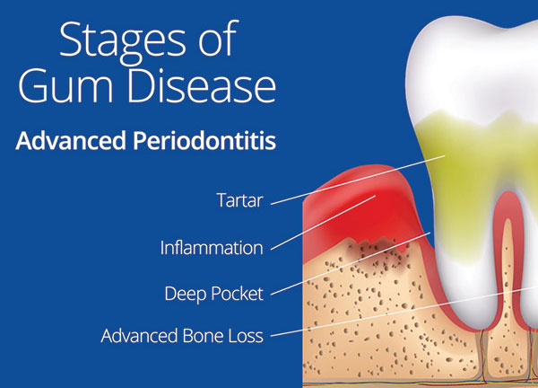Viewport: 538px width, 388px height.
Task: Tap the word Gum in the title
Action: [65, 86]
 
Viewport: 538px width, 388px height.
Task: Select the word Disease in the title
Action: [202, 85]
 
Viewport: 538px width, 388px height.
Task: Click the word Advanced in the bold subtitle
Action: [71, 140]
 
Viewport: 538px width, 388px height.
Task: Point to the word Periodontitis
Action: [204, 141]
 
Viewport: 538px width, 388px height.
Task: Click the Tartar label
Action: [239, 200]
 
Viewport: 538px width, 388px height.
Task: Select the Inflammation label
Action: [212, 248]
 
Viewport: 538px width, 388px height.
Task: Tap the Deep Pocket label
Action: [213, 294]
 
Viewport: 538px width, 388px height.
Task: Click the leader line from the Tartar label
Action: [358, 180]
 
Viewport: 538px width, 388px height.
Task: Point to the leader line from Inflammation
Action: [323, 223]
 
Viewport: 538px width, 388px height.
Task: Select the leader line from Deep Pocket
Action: [351, 263]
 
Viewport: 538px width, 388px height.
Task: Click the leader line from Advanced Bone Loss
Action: [404, 312]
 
